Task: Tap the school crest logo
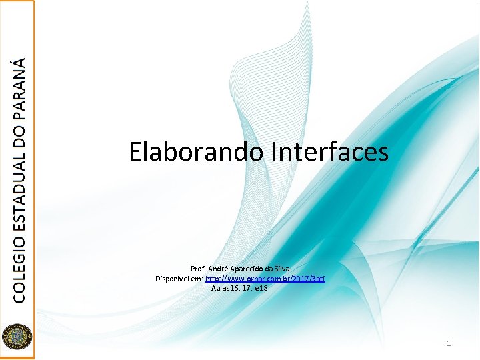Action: (17, 336)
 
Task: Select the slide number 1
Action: (449, 343)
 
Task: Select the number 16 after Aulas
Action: (235, 288)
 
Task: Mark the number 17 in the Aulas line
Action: (247, 288)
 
